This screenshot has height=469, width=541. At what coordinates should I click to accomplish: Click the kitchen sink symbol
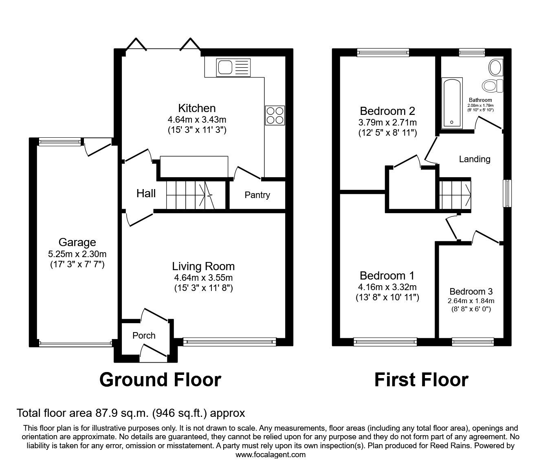click(x=233, y=68)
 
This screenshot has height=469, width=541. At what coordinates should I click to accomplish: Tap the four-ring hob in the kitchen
click(x=275, y=115)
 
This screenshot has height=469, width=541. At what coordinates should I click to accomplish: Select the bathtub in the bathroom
click(x=452, y=103)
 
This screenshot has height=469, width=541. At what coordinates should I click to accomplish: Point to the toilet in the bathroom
click(x=492, y=86)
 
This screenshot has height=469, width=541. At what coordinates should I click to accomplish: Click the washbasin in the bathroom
click(x=496, y=67)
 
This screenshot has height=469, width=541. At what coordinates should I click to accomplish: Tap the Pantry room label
click(x=257, y=195)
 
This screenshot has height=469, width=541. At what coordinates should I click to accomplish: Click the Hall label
click(x=146, y=194)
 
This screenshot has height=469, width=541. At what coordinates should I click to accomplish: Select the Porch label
click(x=144, y=335)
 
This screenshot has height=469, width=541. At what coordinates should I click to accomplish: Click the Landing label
click(x=475, y=159)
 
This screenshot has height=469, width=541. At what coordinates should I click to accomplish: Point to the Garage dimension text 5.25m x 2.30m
click(x=77, y=254)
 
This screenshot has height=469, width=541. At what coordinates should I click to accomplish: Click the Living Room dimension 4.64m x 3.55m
click(x=203, y=277)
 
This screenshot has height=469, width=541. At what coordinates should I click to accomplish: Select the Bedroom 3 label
click(x=471, y=291)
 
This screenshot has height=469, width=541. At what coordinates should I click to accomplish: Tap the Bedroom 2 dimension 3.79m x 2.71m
click(x=387, y=122)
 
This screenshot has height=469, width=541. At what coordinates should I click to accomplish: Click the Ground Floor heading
click(x=160, y=380)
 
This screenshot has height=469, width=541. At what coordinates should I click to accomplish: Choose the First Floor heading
click(x=421, y=380)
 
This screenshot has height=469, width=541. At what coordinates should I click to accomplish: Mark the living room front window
click(x=229, y=342)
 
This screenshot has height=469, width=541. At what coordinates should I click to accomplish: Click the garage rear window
click(x=60, y=142)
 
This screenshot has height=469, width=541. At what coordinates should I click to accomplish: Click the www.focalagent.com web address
click(x=270, y=455)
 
